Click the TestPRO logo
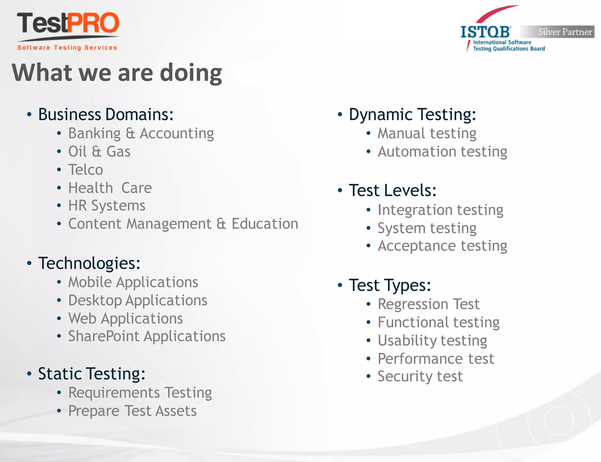click(x=68, y=31)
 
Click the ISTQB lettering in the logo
click(x=485, y=32)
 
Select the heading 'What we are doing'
click(x=117, y=73)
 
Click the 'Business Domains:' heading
click(x=106, y=114)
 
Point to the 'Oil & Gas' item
click(x=99, y=152)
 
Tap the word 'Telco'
click(x=86, y=170)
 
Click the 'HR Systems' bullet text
click(x=107, y=205)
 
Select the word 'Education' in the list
click(x=265, y=224)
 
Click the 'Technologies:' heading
click(x=89, y=263)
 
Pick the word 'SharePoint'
click(x=104, y=336)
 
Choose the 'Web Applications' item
click(x=126, y=319)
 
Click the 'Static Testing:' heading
click(x=92, y=374)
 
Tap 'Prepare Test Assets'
click(x=132, y=411)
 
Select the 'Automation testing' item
click(x=442, y=152)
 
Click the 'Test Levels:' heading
click(x=392, y=190)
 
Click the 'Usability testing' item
click(x=432, y=341)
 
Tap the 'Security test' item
click(x=420, y=376)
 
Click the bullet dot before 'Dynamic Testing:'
click(x=340, y=115)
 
